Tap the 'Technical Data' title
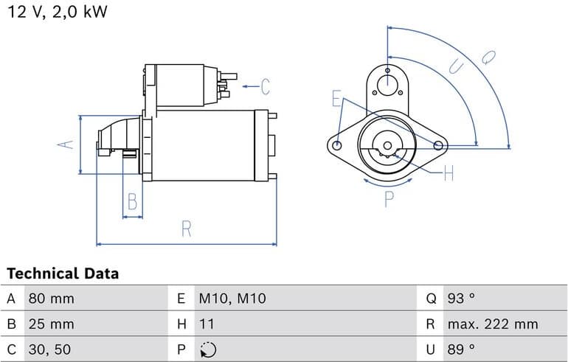coord(63,274)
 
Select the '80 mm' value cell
coord(51,299)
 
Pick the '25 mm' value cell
coord(51,324)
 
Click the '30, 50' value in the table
coord(50,349)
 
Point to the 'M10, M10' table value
coord(232,299)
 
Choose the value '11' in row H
coord(207,324)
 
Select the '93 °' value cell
coord(461,299)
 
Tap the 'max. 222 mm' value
coord(492,324)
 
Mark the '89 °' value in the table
coord(461,349)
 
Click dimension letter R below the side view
coord(186,229)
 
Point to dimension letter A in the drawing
coord(67,145)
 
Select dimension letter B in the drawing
coord(132,201)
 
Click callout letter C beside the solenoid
coord(265,87)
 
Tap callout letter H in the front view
coord(448,174)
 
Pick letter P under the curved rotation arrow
coord(389,198)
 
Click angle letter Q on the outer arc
coord(488,56)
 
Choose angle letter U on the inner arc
coord(457,66)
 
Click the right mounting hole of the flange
coord(439,145)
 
